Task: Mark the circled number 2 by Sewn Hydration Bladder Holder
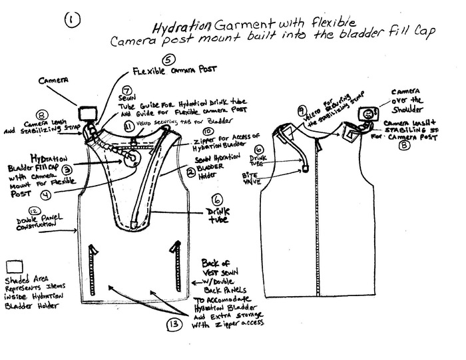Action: point(190,171)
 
